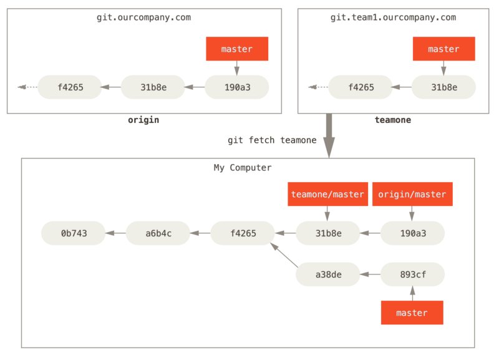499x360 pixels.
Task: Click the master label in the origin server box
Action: (237, 49)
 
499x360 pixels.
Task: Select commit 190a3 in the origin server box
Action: (237, 87)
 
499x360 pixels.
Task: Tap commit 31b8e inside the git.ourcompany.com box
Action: (153, 87)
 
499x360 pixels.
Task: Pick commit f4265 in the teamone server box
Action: (361, 87)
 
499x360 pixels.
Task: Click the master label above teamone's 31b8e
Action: (443, 49)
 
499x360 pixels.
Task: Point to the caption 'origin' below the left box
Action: (143, 120)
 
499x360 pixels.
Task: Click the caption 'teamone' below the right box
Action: (393, 120)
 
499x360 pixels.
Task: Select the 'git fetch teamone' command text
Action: (272, 140)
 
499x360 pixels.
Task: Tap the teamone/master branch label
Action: (327, 194)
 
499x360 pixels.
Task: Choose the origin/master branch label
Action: (412, 194)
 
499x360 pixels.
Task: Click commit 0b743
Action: (74, 233)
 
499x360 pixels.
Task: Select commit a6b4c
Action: (158, 233)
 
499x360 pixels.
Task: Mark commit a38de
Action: (327, 274)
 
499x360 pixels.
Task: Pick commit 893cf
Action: (412, 274)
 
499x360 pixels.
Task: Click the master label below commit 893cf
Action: (412, 313)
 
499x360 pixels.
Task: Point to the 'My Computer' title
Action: (243, 168)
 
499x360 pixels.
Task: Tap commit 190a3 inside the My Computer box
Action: (412, 233)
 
